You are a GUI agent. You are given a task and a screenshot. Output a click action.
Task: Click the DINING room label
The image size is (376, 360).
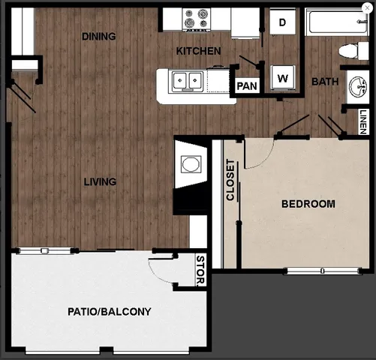pyautogui.click(x=99, y=36)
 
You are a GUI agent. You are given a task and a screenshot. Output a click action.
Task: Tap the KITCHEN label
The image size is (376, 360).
pyautogui.click(x=198, y=51)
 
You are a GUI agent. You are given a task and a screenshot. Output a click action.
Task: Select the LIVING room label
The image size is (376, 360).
pyautogui.click(x=100, y=181)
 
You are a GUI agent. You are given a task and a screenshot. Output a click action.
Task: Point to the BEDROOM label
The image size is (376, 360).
pyautogui.click(x=308, y=203)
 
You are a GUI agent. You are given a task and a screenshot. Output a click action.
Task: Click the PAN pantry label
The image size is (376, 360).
pyautogui.click(x=247, y=85)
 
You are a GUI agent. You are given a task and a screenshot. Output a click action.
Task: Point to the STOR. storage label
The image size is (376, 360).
pyautogui.click(x=200, y=271)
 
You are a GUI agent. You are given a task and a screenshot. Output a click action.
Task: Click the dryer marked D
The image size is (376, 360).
pyautogui.click(x=283, y=22)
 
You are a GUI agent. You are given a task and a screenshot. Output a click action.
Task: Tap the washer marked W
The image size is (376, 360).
pyautogui.click(x=283, y=77)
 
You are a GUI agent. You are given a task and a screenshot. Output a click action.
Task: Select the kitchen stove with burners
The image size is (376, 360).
pyautogui.click(x=197, y=19)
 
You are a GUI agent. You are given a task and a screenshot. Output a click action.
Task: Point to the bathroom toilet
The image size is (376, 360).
pyautogui.click(x=349, y=51)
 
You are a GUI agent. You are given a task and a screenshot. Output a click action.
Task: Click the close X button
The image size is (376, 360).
pyautogui.click(x=366, y=8)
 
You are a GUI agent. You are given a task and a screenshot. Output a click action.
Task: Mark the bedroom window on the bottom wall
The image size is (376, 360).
pyautogui.click(x=321, y=270)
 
